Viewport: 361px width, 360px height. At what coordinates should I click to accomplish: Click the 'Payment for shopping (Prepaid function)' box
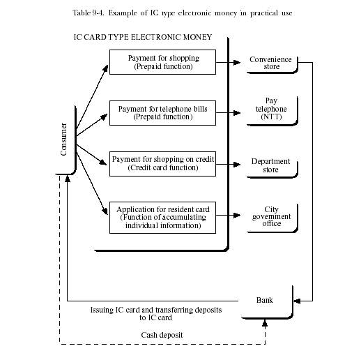162,62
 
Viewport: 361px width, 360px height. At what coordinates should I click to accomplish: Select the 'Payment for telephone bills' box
162,113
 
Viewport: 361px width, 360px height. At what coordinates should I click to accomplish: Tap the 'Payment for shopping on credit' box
162,164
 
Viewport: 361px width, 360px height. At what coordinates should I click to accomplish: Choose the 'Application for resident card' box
162,218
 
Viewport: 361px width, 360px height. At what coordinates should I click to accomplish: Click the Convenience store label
270,63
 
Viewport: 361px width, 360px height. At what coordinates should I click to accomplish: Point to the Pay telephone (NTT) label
271,109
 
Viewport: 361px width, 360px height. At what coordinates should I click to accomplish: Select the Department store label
270,165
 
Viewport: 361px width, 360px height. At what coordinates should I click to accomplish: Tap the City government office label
271,216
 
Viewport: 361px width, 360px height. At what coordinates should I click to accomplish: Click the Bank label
265,300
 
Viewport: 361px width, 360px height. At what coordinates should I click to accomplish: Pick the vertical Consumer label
63,139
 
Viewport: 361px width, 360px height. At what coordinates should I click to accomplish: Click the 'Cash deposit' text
162,335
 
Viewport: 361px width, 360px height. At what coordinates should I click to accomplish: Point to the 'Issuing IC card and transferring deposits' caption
156,310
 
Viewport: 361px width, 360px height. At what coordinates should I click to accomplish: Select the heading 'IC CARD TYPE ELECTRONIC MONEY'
143,37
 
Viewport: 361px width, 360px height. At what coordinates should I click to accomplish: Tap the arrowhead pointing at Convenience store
237,62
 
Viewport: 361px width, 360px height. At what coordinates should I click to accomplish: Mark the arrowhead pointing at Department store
237,165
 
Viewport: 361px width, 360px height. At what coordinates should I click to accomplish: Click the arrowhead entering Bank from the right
297,301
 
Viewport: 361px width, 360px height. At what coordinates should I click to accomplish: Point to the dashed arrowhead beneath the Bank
265,323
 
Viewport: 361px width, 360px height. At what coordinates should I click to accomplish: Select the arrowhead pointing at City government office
237,215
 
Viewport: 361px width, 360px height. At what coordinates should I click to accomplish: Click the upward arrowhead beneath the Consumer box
68,179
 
